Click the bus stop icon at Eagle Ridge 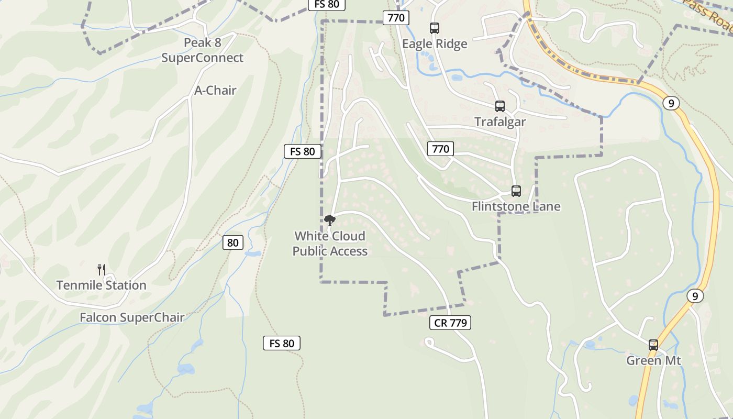click(434, 28)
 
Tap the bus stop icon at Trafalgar click(500, 106)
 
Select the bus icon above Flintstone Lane click(516, 191)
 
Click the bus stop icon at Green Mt click(653, 345)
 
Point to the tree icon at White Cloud click(329, 220)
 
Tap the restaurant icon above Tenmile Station click(102, 270)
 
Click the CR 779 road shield click(450, 323)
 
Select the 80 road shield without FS click(233, 242)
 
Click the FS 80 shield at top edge click(327, 4)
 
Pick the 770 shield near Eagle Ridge click(396, 18)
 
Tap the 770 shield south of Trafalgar click(440, 149)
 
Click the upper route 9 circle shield click(671, 103)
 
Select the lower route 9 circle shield click(695, 296)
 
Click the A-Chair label click(215, 90)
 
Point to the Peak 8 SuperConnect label click(202, 50)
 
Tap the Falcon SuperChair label click(132, 317)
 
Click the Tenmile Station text click(101, 285)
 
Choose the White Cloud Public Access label click(330, 244)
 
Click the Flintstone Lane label click(516, 206)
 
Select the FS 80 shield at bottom click(282, 344)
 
